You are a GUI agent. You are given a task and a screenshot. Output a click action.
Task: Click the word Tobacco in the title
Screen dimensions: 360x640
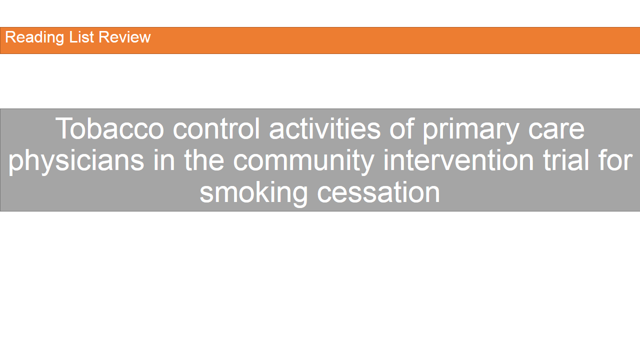click(x=109, y=128)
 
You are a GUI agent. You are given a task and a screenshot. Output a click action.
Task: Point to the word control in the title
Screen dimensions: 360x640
click(x=216, y=128)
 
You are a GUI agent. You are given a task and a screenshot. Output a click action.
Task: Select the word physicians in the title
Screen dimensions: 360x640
click(x=76, y=160)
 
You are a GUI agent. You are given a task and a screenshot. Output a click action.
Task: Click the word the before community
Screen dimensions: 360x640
click(x=204, y=160)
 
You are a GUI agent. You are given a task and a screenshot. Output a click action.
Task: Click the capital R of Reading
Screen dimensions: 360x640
click(x=10, y=37)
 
